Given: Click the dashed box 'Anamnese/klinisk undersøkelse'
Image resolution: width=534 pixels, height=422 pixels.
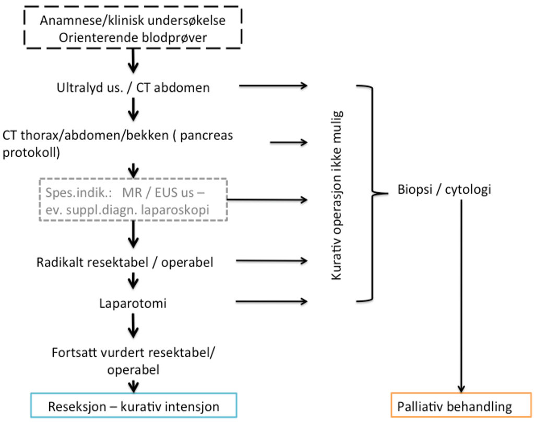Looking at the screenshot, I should coord(133,29).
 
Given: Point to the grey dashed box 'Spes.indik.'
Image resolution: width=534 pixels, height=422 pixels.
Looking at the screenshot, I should coord(133,200).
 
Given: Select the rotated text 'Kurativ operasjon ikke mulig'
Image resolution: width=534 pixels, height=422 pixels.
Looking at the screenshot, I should coord(337,195).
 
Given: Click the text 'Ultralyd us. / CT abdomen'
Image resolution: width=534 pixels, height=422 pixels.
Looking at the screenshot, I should coord(133,87).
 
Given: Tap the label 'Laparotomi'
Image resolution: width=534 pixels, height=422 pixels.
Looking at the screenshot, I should coord(133,302).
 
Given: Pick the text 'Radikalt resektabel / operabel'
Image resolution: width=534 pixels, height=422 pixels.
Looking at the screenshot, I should coord(125,262).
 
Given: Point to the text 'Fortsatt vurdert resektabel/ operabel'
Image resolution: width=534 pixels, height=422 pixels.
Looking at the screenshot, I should coord(133,360).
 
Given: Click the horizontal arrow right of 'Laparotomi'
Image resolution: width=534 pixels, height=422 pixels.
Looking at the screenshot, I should coord(271,301).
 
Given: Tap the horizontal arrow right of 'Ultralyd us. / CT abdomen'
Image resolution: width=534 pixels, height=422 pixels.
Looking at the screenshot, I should coord(273,86).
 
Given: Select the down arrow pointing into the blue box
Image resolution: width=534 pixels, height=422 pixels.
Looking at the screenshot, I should coord(134,385).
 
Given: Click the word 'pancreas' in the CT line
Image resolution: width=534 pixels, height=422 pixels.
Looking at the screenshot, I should coord(208,135).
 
